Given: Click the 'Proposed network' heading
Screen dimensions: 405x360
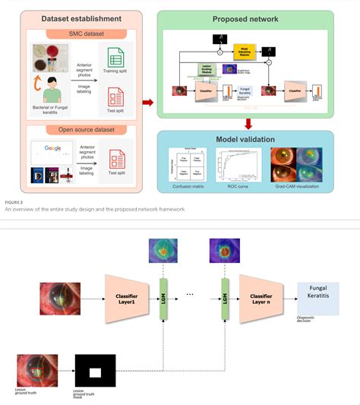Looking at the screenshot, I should (x=245, y=17).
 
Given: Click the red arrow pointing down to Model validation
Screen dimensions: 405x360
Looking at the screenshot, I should (x=245, y=122).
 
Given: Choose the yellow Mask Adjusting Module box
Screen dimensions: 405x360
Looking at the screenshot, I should (x=245, y=52).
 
